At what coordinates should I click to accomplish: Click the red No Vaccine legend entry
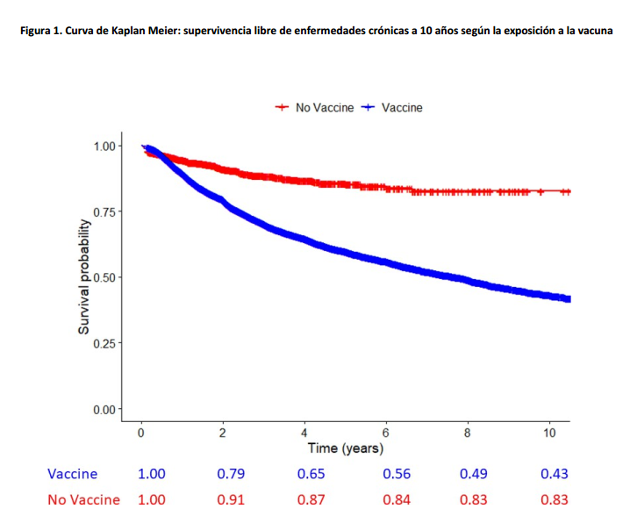pyautogui.click(x=316, y=107)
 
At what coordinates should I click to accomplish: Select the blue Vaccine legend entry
pyautogui.click(x=393, y=107)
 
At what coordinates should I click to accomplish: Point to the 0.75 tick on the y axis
pyautogui.click(x=104, y=211)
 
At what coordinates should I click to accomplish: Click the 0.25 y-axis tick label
pyautogui.click(x=104, y=343)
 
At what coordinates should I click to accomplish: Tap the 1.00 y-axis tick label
pyautogui.click(x=104, y=146)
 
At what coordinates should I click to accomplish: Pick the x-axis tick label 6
pyautogui.click(x=385, y=432)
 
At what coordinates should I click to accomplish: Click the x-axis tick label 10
pyautogui.click(x=548, y=432)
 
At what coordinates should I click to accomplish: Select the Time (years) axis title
pyautogui.click(x=345, y=448)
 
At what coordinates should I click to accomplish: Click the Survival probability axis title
pyautogui.click(x=84, y=277)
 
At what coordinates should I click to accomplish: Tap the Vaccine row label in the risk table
pyautogui.click(x=73, y=474)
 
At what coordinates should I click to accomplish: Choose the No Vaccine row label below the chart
pyautogui.click(x=84, y=499)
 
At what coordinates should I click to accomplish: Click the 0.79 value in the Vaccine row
pyautogui.click(x=231, y=474)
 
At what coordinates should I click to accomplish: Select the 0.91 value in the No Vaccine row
pyautogui.click(x=231, y=499)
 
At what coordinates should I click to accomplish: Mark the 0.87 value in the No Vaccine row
pyautogui.click(x=313, y=499)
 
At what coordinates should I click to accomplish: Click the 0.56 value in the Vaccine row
pyautogui.click(x=397, y=474)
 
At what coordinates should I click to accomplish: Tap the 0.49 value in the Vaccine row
pyautogui.click(x=474, y=474)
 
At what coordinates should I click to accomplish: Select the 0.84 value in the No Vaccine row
pyautogui.click(x=397, y=499)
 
